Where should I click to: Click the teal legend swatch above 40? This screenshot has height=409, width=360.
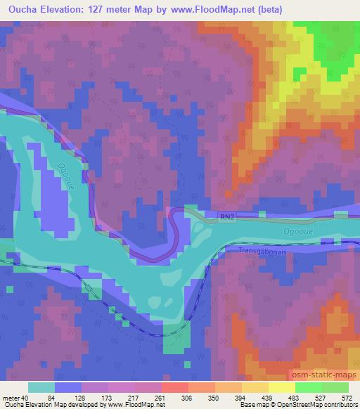41,387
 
